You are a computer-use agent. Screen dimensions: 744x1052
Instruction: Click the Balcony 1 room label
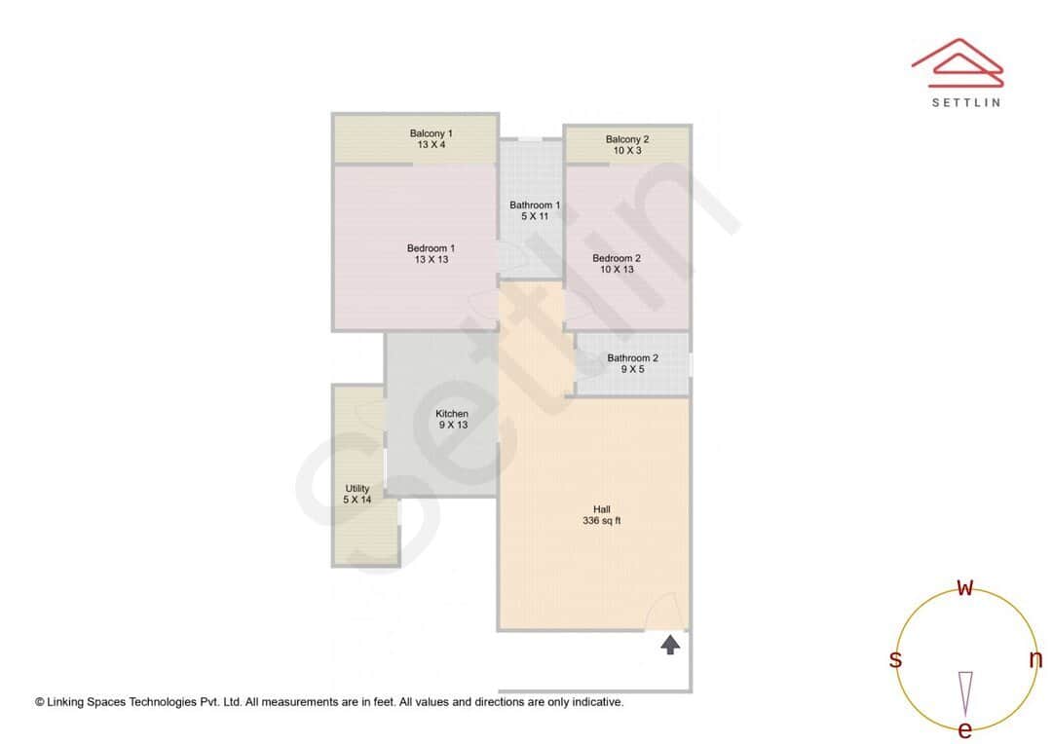pos(431,133)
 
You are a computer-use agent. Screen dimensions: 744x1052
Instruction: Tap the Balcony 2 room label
pos(626,139)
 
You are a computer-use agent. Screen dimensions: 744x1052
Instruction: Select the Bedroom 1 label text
pos(431,248)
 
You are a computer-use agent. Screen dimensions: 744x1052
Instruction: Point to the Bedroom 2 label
pos(617,258)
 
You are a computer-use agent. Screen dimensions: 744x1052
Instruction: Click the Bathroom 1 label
pos(535,205)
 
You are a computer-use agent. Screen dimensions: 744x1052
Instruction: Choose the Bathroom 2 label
pos(632,357)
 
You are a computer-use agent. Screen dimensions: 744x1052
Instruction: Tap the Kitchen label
pos(452,414)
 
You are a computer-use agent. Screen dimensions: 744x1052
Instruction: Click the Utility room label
pos(357,489)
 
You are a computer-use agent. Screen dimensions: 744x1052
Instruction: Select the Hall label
pos(602,509)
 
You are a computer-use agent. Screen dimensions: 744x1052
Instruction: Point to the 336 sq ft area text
pos(602,521)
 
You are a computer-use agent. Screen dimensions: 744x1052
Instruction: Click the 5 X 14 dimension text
pos(357,500)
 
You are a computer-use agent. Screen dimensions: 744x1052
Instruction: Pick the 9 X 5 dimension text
pos(632,369)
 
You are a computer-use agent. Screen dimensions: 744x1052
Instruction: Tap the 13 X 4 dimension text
pos(431,145)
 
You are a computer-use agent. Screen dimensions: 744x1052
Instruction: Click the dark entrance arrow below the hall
pos(670,644)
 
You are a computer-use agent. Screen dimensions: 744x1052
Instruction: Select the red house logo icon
pos(958,61)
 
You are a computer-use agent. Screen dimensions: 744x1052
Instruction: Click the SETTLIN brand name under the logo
pos(965,102)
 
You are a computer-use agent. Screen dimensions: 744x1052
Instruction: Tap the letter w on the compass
pos(965,587)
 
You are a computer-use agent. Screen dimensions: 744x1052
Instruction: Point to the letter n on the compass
pos(1035,659)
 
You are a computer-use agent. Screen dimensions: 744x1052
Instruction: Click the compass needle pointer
pos(965,692)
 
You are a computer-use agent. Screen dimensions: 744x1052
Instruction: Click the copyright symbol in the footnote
pos(40,701)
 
